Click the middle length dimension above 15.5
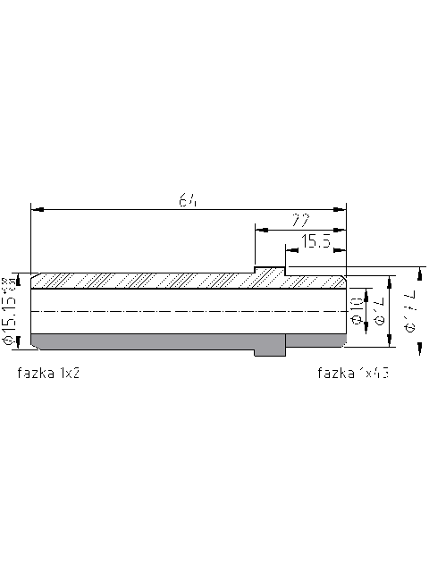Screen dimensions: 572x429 coord(301,220)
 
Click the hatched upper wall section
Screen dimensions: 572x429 coord(143,281)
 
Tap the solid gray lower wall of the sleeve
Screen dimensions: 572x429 coord(143,341)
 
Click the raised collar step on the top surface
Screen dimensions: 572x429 coord(270,268)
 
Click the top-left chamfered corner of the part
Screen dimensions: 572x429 coord(33,274)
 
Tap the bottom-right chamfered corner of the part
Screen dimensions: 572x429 coord(344,346)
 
